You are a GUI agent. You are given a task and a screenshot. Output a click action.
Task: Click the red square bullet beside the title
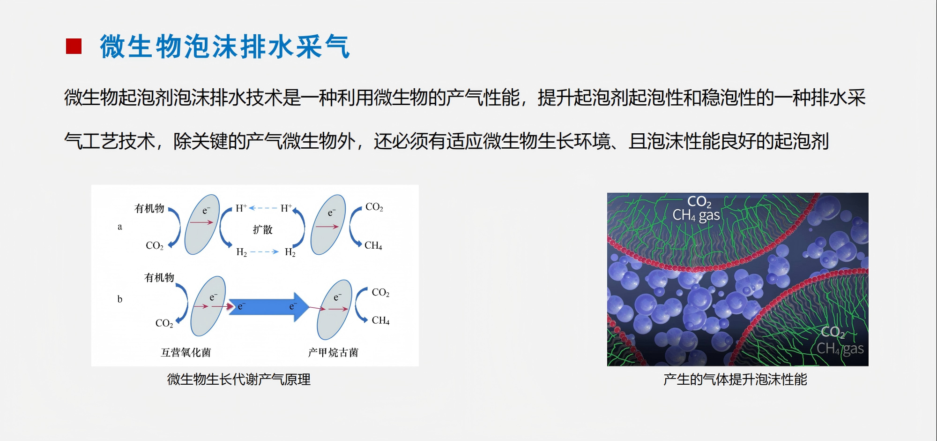[x=74, y=46]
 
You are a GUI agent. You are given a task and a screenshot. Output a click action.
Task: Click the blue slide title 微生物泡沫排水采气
[x=225, y=46]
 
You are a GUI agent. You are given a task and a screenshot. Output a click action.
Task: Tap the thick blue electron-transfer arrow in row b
[x=268, y=307]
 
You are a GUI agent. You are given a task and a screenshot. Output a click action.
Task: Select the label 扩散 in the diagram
[x=262, y=229]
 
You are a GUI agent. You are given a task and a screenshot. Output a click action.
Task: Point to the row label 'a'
[x=119, y=227]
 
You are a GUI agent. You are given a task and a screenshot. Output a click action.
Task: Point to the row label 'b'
[x=119, y=299]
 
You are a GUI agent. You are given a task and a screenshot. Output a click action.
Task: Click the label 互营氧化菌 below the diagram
[x=186, y=352]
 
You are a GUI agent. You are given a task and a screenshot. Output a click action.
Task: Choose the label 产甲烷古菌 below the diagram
[x=333, y=352]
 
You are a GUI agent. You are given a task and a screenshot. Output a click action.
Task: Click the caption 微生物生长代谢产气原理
[x=239, y=379]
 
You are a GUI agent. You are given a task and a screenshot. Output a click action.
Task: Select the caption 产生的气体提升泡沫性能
[x=735, y=379]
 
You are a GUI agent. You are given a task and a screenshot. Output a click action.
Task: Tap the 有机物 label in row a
[x=149, y=208]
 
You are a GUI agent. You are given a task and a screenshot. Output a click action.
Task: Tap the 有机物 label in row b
[x=159, y=277]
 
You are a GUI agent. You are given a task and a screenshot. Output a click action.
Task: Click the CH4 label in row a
[x=373, y=245]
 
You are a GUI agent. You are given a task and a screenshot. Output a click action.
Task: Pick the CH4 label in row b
[x=380, y=320]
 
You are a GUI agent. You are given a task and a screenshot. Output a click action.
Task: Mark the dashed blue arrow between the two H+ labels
[x=263, y=208]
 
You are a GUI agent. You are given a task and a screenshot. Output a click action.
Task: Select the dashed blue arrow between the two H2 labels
[x=265, y=252]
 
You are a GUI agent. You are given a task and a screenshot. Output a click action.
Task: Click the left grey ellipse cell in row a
[x=202, y=225]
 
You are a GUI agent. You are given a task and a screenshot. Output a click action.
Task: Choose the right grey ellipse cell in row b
[x=335, y=310]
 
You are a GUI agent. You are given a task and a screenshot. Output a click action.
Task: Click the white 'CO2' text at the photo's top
[x=699, y=202]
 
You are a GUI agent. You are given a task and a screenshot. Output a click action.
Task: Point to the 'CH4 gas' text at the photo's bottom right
[x=840, y=349]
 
